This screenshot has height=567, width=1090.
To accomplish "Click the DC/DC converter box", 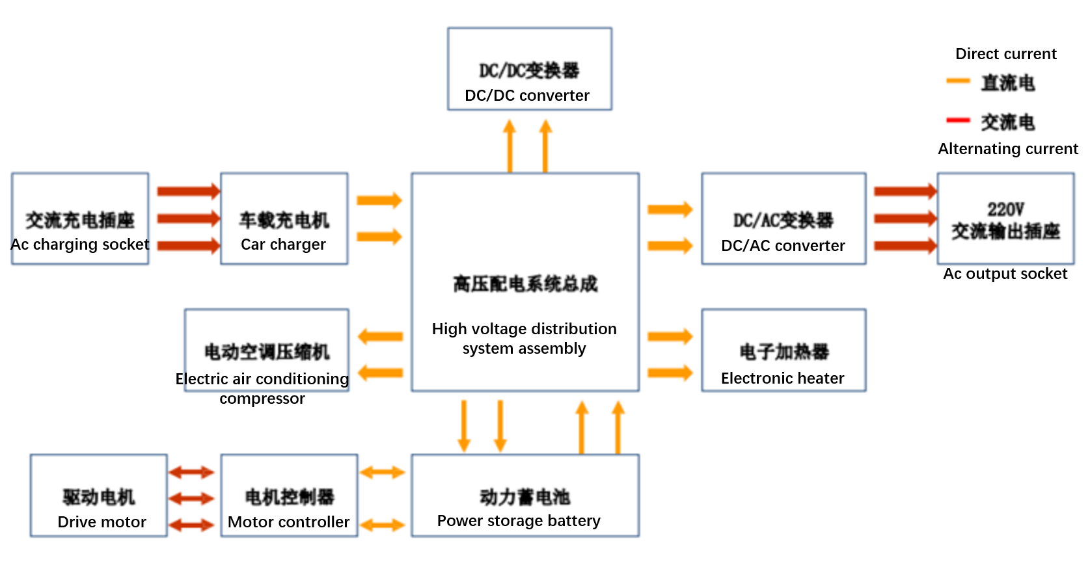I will coord(529,69).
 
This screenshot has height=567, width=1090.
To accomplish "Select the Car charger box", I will coord(284,218).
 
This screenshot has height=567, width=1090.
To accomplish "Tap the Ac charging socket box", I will coord(80,218).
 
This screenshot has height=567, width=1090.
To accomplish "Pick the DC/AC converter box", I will coord(783,218).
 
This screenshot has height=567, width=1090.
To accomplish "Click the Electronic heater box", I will coord(783,350).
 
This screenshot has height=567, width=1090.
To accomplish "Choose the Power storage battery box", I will coord(525,495).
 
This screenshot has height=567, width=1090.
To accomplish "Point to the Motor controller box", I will coord(289,495).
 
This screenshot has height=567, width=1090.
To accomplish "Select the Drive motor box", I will coord(98,495).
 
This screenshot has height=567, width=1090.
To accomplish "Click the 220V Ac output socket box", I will coord(1005,218).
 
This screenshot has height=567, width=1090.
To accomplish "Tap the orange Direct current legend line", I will coord(958,81).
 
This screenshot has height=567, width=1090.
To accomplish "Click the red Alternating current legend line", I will coord(958,120).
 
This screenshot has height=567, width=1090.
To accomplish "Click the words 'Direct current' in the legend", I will coord(1005,54).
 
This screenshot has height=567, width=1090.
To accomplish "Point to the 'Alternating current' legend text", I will coord(1007,149).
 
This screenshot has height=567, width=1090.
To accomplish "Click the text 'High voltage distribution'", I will coord(524,329).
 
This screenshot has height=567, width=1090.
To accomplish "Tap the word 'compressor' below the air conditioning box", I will coord(262,399).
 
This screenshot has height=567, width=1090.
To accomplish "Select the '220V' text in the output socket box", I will coord(1005,209).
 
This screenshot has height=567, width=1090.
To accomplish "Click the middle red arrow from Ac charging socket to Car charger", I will coord(189,218).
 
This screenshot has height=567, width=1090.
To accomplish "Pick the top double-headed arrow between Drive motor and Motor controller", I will coord(191,473).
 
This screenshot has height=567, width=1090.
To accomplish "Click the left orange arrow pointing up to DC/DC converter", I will coord(510,146).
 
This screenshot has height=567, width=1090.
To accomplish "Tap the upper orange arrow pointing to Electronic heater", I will coord(670,336).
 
